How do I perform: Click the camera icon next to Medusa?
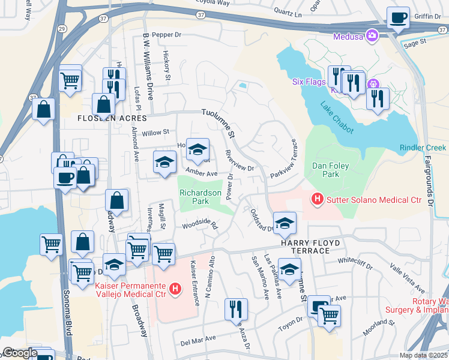click(x=372, y=35)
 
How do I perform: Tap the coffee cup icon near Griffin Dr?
click(x=397, y=18)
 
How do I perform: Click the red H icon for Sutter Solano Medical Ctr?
click(x=316, y=197)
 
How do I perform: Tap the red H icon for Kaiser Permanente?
click(x=175, y=290)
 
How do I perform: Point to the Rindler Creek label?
click(x=423, y=148)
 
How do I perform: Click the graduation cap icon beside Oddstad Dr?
click(x=285, y=223)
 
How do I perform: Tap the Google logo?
click(x=19, y=352)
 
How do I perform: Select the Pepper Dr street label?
click(x=166, y=35)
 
